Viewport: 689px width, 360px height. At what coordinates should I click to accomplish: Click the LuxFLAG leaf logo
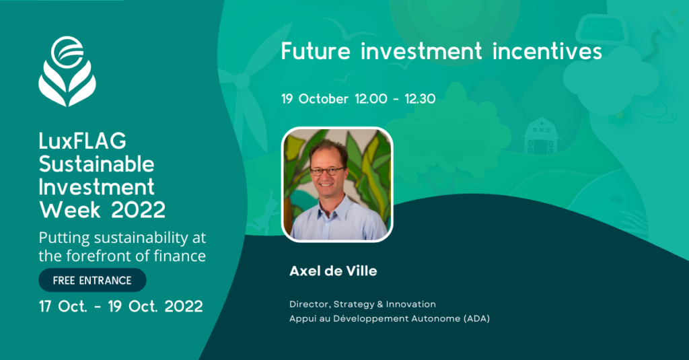(x=67, y=71)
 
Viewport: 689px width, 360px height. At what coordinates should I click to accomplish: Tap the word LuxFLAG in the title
(x=83, y=141)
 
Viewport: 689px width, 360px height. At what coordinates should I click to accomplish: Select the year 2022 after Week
(x=139, y=210)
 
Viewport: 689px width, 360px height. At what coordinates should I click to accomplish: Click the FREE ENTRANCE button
(x=92, y=281)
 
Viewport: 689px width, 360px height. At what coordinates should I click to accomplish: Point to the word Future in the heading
(x=316, y=51)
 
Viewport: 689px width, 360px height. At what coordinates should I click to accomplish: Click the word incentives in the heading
(x=547, y=51)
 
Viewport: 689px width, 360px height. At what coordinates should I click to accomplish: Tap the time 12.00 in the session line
(x=371, y=99)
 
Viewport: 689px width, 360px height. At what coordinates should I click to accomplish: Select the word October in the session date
(x=324, y=99)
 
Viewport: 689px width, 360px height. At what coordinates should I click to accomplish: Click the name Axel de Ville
(x=333, y=271)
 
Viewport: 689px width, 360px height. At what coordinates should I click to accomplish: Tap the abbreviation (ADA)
(x=477, y=319)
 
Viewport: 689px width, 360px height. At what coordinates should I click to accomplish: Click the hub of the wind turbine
(x=242, y=81)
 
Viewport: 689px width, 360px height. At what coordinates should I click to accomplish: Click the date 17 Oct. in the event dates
(x=63, y=306)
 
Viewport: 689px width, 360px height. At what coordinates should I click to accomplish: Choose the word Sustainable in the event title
(x=97, y=164)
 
